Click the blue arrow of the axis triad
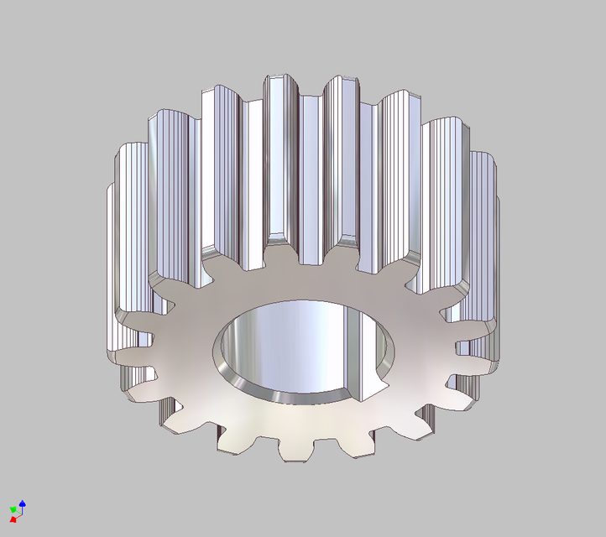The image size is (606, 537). pos(23,503)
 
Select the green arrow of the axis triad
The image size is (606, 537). pos(13,508)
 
